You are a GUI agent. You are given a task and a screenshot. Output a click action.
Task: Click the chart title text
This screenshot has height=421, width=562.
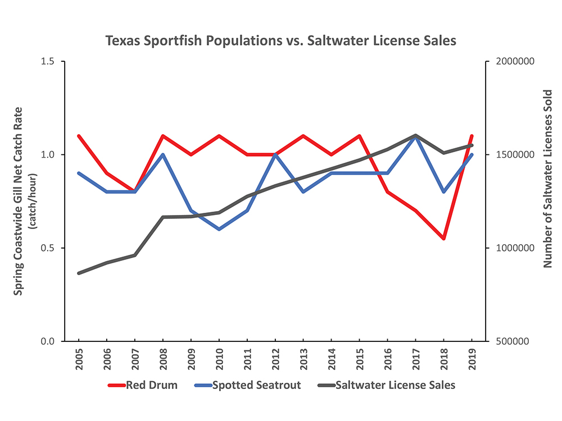(x=280, y=40)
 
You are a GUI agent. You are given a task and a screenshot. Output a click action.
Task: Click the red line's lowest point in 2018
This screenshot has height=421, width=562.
(x=444, y=239)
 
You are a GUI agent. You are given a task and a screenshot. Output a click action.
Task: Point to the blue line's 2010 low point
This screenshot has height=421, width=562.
(x=219, y=229)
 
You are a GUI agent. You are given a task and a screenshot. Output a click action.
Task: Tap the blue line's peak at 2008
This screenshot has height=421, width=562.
(x=163, y=154)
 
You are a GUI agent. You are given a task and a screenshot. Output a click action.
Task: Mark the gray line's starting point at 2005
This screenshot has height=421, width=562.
(x=79, y=273)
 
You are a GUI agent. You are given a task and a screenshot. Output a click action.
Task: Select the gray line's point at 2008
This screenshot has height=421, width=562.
(x=163, y=217)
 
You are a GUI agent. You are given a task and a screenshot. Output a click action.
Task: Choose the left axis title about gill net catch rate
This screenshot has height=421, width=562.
(x=19, y=201)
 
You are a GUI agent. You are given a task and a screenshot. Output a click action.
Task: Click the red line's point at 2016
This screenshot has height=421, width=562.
(x=388, y=192)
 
